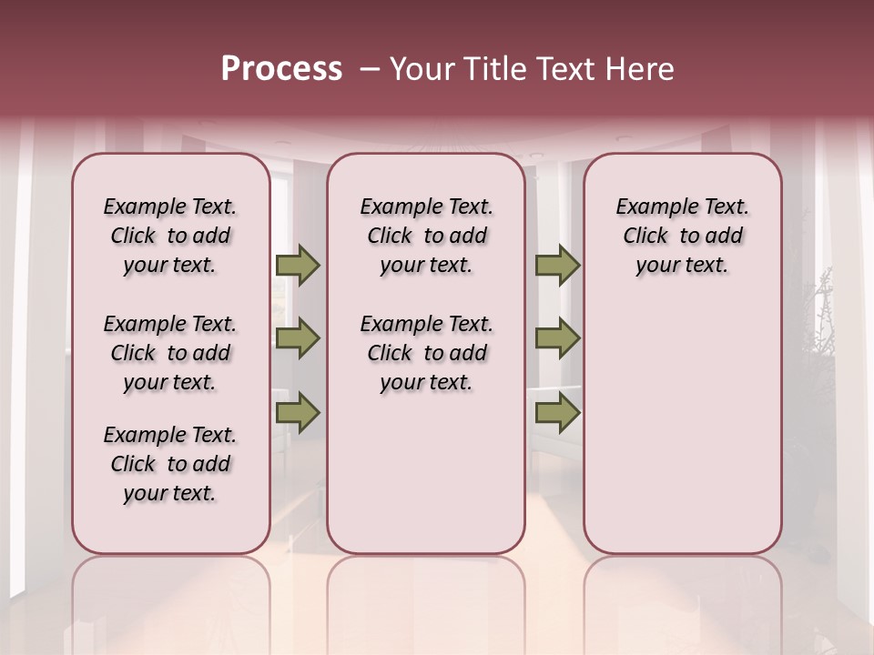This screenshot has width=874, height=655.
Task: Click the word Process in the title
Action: coord(281,69)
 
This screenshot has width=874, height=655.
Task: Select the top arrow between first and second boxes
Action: coord(298,265)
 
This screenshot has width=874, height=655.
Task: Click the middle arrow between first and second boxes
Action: coord(298,339)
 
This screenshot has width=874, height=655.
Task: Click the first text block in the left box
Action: coord(170,236)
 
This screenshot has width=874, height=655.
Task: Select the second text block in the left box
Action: coord(170,353)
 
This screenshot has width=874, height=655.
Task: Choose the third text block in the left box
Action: coord(170,464)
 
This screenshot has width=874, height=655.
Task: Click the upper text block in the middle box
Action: coord(426,236)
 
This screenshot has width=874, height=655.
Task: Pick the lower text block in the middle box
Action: coord(426,353)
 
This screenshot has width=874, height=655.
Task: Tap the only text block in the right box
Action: coord(682,236)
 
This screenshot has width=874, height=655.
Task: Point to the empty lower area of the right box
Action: coord(682,437)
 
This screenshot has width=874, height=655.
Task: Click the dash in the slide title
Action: coord(369,70)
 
